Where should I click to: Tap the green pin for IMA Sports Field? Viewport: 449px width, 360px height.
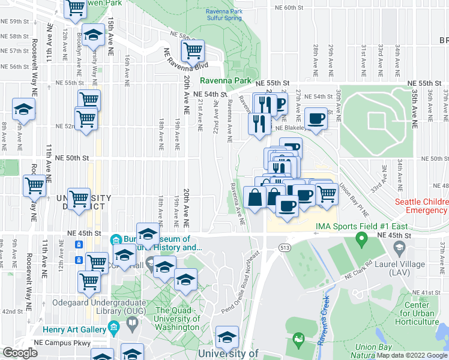point(361,241)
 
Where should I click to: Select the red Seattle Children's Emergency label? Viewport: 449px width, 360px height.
point(422,206)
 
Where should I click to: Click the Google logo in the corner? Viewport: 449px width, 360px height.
point(20,353)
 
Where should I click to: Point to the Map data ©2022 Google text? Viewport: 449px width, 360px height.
point(412,355)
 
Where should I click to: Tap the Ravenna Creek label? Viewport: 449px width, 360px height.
point(325,321)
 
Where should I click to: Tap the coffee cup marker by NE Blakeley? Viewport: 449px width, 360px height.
point(316,118)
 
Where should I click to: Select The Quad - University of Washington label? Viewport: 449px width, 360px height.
point(177,319)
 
